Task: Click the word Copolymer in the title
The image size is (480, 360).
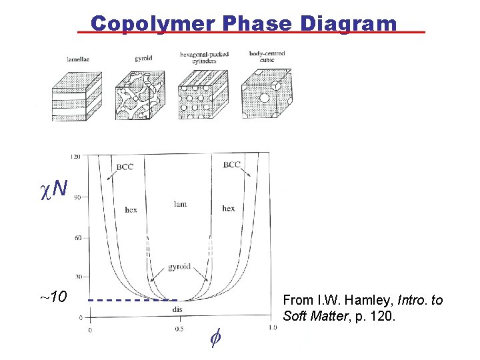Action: [153, 24]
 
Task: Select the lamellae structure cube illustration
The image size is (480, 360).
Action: [77, 97]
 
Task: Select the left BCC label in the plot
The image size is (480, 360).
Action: [125, 166]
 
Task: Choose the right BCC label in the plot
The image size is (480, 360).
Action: [232, 164]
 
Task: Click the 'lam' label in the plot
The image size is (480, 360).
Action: [180, 204]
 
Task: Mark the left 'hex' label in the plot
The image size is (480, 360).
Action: [131, 209]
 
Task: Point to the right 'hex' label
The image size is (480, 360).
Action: [229, 208]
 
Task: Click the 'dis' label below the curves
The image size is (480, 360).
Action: [177, 309]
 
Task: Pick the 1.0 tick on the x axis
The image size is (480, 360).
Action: [273, 327]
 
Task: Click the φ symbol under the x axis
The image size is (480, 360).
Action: [215, 339]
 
